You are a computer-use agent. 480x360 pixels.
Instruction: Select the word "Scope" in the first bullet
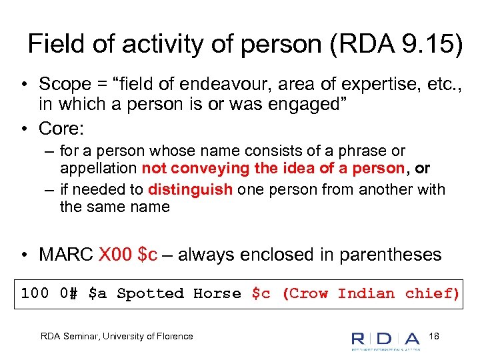tap(65, 85)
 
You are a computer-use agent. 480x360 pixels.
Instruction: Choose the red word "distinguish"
tap(191, 189)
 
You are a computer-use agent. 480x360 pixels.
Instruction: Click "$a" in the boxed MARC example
tap(97, 293)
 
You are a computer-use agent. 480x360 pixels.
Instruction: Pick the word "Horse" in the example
tap(217, 293)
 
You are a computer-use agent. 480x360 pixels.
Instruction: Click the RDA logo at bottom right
tap(385, 339)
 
